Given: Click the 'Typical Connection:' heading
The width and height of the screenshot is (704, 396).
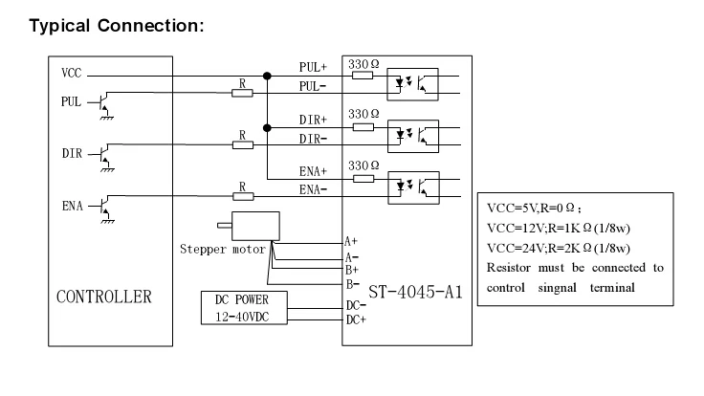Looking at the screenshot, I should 118,25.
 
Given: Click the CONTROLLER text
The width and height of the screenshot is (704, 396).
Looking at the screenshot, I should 103,296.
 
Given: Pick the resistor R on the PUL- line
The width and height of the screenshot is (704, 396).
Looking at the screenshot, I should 243,93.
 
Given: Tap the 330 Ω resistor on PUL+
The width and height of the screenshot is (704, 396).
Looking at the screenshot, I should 363,76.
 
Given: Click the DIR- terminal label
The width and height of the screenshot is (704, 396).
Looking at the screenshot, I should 313,138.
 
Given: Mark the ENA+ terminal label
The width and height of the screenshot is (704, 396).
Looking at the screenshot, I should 313,170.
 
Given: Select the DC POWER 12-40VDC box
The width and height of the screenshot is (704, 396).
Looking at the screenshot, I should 243,307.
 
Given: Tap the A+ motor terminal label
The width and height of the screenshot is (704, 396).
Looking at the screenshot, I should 351,242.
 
